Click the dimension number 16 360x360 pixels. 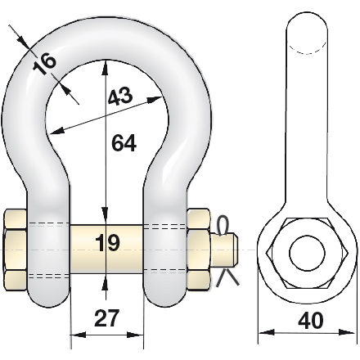(44, 64)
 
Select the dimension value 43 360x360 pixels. (120, 97)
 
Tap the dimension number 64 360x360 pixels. (124, 143)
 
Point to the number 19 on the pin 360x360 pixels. (107, 242)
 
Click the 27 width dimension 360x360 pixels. (107, 317)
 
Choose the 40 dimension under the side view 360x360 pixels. (311, 321)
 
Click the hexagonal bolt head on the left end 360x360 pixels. (16, 250)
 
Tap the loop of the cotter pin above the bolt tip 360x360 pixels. (223, 226)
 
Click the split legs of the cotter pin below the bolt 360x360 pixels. (227, 277)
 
